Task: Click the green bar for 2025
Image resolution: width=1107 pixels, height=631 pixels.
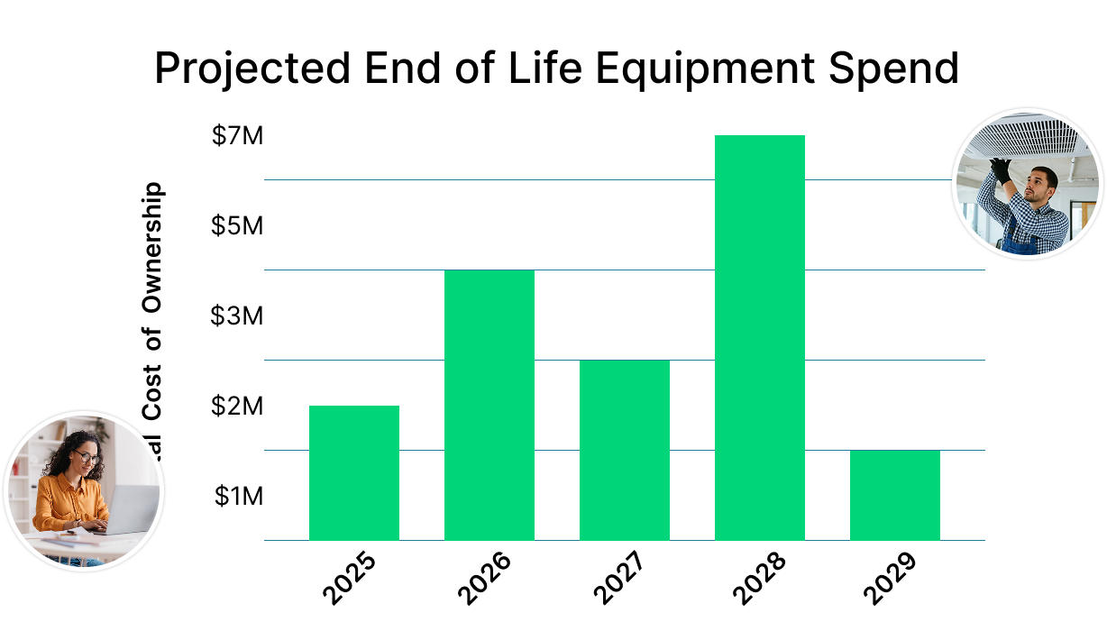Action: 353,472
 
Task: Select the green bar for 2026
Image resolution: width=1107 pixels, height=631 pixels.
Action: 489,405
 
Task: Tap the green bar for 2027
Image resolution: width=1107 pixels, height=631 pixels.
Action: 624,450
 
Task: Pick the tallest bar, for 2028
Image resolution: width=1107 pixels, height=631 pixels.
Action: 759,337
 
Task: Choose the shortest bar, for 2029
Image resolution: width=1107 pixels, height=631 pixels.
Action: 894,495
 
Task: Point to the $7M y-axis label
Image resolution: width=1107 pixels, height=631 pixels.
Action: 237,136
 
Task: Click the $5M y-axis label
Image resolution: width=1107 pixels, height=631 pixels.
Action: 237,225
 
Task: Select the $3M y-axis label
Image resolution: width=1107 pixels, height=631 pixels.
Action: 237,315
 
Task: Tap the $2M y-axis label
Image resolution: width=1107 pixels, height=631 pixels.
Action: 237,406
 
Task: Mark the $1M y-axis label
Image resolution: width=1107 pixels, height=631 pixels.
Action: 239,496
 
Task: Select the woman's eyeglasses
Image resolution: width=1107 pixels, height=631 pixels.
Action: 87,459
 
